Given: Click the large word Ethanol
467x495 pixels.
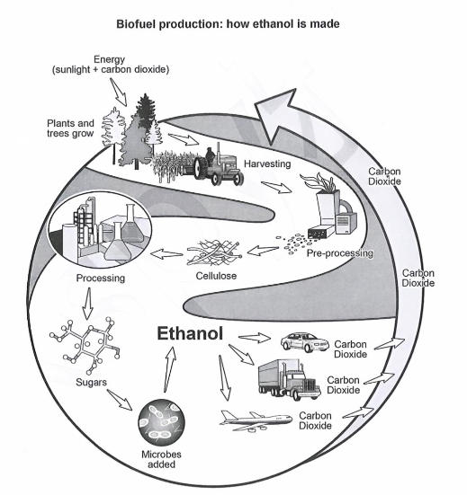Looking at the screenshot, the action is (x=190, y=333).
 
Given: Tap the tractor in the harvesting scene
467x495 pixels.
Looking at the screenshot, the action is (x=219, y=166).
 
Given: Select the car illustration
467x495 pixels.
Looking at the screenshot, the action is (x=305, y=342).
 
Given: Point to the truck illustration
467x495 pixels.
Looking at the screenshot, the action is (x=290, y=380).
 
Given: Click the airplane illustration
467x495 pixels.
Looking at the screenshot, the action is (x=256, y=421).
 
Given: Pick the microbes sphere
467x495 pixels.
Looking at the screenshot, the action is (x=162, y=422).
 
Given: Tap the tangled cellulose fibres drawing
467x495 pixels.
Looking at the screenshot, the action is (x=214, y=253).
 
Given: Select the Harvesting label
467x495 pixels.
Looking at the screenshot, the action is (x=267, y=164).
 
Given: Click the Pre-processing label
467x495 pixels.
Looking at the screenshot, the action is (x=340, y=253).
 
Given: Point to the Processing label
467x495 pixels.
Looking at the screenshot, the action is (x=101, y=278).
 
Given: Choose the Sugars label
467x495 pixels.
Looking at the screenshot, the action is (x=92, y=383).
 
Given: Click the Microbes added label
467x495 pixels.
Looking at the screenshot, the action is (x=161, y=459).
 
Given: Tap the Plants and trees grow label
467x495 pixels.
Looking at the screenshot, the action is (x=70, y=128).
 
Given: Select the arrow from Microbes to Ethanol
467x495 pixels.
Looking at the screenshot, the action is (x=170, y=369).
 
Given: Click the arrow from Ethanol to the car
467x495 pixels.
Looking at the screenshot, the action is (x=255, y=338).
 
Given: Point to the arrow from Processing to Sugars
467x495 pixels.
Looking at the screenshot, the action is (x=88, y=303).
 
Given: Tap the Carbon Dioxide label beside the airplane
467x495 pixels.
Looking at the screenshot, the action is (x=315, y=420).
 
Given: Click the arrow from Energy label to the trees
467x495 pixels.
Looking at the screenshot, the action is (x=119, y=92).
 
